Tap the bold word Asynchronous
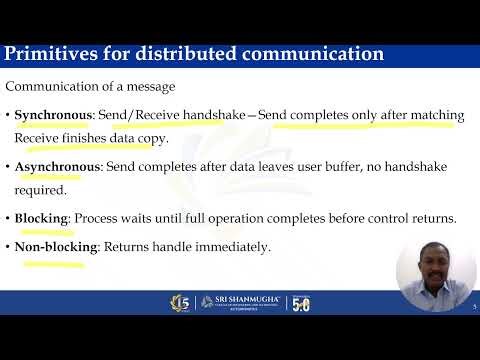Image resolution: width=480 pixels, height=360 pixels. coord(56,166)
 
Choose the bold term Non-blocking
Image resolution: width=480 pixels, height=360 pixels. coord(56,246)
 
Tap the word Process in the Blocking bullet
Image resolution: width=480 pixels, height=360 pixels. coord(98,217)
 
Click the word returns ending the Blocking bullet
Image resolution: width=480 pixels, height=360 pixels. coord(433,217)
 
